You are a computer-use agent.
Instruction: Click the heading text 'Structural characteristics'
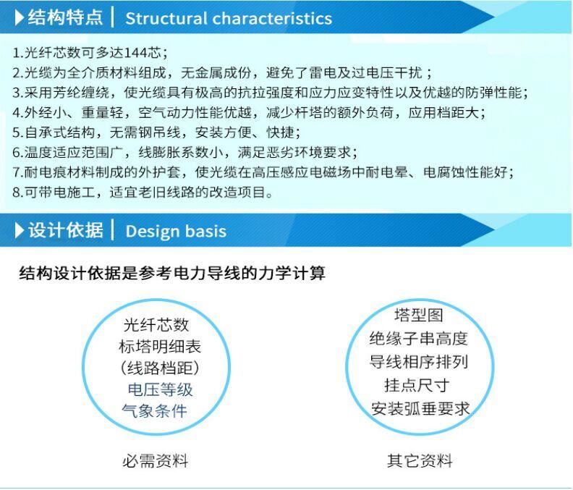(229, 18)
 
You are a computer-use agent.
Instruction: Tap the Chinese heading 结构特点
(65, 17)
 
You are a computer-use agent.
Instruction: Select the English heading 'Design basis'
(176, 232)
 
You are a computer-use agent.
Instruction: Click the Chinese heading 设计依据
(65, 230)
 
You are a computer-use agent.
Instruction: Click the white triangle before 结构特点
(19, 17)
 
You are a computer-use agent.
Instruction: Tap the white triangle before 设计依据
(19, 230)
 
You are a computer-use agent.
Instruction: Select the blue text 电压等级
(160, 389)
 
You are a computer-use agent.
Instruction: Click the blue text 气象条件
(154, 411)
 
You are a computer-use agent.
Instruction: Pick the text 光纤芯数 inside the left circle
(156, 325)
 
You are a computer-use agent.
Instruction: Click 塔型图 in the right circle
(419, 315)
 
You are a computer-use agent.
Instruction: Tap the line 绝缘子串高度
(418, 338)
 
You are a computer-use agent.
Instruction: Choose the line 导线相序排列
(419, 362)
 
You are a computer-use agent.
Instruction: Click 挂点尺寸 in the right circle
(417, 386)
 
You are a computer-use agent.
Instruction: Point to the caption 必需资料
(156, 461)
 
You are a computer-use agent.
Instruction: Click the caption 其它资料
(420, 461)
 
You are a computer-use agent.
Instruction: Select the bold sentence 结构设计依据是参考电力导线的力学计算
(172, 273)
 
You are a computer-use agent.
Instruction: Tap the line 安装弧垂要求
(420, 409)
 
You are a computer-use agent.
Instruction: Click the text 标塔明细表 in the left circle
(160, 346)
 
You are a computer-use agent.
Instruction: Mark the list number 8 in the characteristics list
(16, 192)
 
